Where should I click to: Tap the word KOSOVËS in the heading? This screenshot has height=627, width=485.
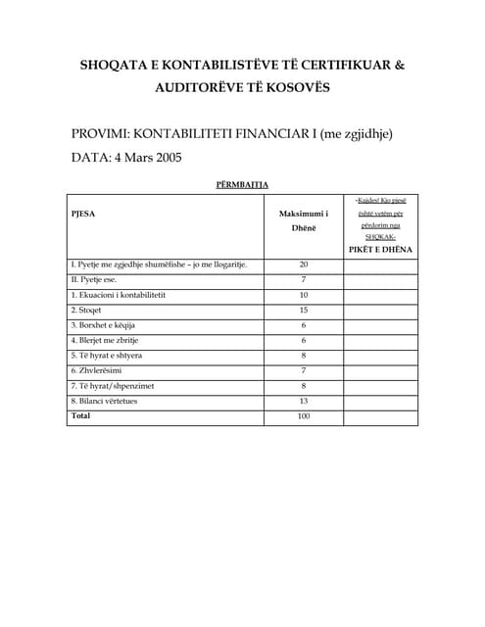(295, 87)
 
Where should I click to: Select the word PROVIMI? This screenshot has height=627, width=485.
(100, 133)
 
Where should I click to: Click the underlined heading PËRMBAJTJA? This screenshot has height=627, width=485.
(242, 183)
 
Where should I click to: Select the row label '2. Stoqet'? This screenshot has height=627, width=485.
(89, 310)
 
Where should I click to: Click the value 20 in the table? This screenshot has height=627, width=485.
(304, 265)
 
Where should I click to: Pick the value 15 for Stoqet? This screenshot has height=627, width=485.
(304, 310)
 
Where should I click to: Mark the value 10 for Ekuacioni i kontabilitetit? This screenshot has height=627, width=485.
(304, 295)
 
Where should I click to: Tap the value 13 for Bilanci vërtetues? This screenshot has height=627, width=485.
(304, 401)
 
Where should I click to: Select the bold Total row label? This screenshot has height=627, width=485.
(80, 415)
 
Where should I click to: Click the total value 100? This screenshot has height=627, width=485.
(304, 416)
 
